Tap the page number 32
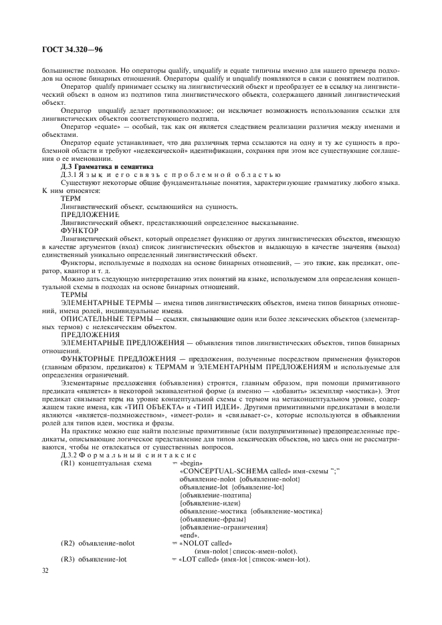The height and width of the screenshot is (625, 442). pyautogui.click(x=46, y=570)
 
